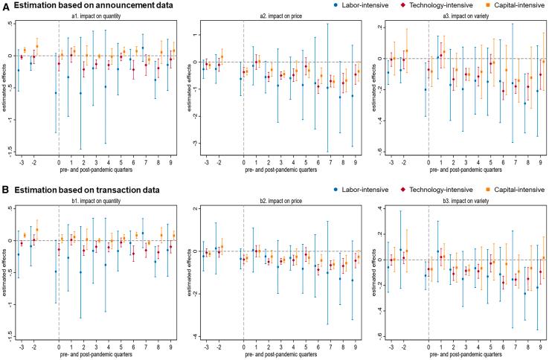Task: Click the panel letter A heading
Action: click(x=7, y=5)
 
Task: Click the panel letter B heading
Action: click(x=7, y=190)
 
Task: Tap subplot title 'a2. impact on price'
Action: click(x=279, y=15)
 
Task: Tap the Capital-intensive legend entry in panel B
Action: click(x=515, y=190)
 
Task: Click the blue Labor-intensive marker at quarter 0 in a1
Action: click(x=56, y=93)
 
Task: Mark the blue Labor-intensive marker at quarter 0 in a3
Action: click(x=426, y=90)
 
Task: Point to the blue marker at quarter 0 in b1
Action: click(x=56, y=271)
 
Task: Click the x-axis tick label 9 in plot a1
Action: click(x=173, y=161)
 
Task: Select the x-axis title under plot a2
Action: click(x=279, y=170)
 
